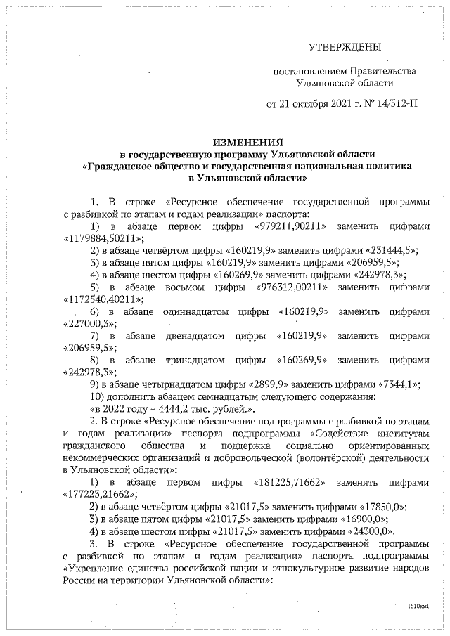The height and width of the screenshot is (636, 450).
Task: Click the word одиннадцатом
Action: (192, 311)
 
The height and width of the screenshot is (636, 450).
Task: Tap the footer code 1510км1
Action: (418, 604)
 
